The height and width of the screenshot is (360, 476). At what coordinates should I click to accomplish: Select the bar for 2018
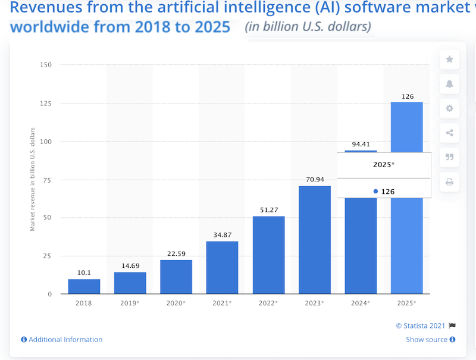84,286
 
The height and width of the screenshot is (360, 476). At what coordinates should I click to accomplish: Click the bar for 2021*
222,267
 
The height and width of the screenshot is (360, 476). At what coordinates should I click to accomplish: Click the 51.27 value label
268,209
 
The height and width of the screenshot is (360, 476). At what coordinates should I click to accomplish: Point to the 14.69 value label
130,265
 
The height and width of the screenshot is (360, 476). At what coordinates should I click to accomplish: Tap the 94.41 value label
361,143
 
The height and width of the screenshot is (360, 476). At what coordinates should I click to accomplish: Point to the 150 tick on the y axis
46,65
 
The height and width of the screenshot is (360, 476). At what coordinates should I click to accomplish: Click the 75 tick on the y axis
48,180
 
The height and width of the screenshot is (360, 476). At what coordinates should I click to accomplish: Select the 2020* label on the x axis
176,303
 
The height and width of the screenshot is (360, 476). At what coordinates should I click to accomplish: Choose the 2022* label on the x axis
268,303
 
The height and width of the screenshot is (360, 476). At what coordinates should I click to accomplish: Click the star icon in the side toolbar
449,60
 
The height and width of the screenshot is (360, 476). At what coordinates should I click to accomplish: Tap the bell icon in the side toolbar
449,84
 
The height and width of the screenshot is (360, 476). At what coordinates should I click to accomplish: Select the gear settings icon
449,108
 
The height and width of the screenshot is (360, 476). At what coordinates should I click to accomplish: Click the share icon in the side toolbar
449,133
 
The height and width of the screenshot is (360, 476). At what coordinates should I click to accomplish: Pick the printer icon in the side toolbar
449,181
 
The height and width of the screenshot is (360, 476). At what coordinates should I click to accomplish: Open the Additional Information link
62,340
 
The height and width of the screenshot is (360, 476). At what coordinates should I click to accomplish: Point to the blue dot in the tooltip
375,191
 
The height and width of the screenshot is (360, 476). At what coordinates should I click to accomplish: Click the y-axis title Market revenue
33,179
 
